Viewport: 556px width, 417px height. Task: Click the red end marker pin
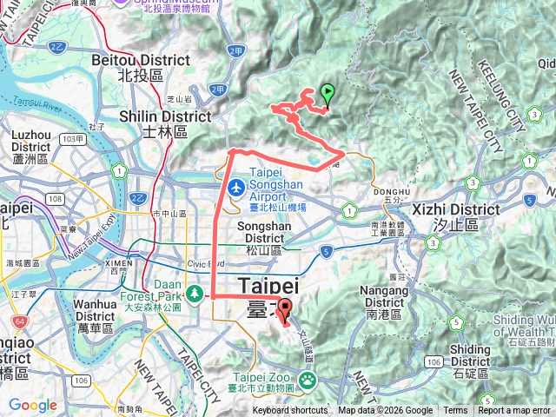click(285, 310)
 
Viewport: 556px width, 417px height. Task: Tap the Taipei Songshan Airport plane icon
click(236, 187)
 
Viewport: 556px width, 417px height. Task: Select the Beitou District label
click(140, 68)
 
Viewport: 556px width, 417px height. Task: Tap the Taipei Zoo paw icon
click(308, 380)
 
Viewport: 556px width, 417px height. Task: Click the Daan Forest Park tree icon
click(195, 295)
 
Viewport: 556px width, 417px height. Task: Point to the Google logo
click(32, 406)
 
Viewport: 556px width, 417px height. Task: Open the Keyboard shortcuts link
click(290, 411)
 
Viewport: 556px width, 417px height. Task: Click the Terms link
click(455, 411)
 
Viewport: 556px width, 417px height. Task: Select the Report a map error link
click(516, 411)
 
